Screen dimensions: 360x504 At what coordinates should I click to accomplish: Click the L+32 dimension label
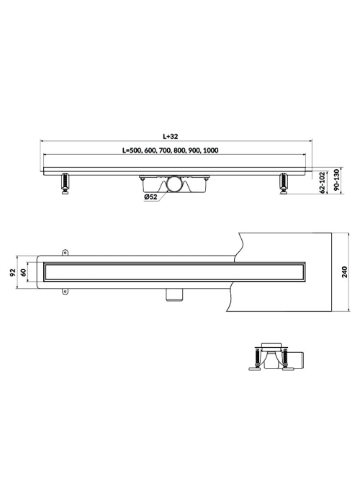[170, 136]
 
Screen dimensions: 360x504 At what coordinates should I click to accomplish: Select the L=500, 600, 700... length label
[171, 150]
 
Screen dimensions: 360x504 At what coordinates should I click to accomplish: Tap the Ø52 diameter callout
[150, 197]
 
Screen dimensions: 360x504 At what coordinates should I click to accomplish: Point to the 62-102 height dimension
[323, 182]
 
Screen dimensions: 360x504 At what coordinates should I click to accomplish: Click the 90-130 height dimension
[336, 180]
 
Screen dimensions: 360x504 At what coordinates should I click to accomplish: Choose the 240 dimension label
[345, 272]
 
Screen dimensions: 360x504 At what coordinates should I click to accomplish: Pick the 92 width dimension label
[13, 273]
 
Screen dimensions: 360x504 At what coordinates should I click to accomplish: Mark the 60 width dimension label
[23, 273]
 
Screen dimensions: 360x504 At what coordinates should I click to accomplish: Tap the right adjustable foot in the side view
[284, 184]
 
